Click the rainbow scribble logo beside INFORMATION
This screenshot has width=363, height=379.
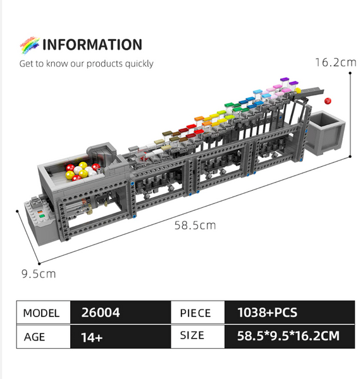pyautogui.click(x=30, y=45)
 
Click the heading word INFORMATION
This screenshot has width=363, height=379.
pyautogui.click(x=92, y=45)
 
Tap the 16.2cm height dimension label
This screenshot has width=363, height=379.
pyautogui.click(x=336, y=63)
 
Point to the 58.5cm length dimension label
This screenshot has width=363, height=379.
pyautogui.click(x=195, y=226)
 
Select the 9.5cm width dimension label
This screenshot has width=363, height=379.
pyautogui.click(x=39, y=274)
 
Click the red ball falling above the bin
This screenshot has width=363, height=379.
pyautogui.click(x=328, y=101)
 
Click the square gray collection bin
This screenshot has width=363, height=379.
pyautogui.click(x=324, y=133)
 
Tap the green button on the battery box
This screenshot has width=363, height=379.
pyautogui.click(x=42, y=216)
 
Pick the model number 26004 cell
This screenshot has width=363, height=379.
pyautogui.click(x=121, y=312)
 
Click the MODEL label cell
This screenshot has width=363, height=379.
pyautogui.click(x=44, y=313)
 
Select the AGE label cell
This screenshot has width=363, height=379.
pyautogui.click(x=44, y=337)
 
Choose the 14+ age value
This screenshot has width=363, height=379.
pyautogui.click(x=92, y=337)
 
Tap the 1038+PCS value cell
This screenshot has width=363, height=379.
pyautogui.click(x=290, y=312)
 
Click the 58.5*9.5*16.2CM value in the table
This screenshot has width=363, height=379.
pyautogui.click(x=288, y=336)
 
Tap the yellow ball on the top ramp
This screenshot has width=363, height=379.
pyautogui.click(x=298, y=90)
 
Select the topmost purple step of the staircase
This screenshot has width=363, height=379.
pyautogui.click(x=285, y=80)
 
